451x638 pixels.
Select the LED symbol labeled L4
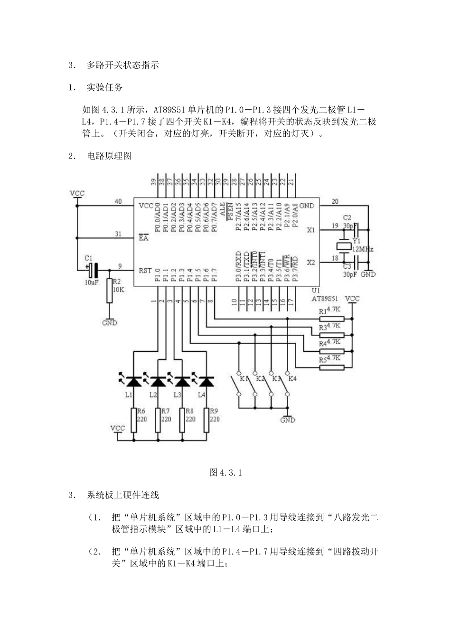click(x=206, y=381)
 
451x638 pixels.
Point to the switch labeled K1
click(x=236, y=385)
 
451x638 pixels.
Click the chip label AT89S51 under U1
click(x=325, y=299)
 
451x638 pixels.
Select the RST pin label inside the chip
click(x=145, y=271)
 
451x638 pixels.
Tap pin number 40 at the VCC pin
click(x=118, y=201)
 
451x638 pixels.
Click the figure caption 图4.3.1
click(x=225, y=472)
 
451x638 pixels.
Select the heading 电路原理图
click(x=109, y=156)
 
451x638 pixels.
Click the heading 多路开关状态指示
click(x=122, y=65)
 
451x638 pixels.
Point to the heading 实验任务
click(x=104, y=87)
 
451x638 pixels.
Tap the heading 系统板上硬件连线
click(x=122, y=495)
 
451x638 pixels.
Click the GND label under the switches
click(x=288, y=420)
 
